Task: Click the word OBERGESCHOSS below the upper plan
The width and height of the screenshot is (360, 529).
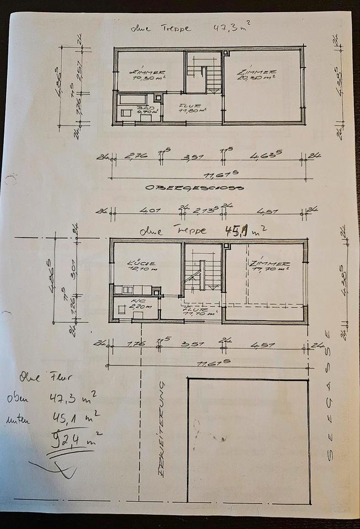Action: click(194, 188)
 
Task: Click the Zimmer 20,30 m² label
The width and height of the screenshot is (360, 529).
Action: click(256, 74)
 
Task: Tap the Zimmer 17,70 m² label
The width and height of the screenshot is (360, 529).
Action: click(270, 267)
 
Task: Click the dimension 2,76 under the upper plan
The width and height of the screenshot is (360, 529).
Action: click(136, 157)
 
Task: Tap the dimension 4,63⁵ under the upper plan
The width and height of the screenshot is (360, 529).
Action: click(263, 156)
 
